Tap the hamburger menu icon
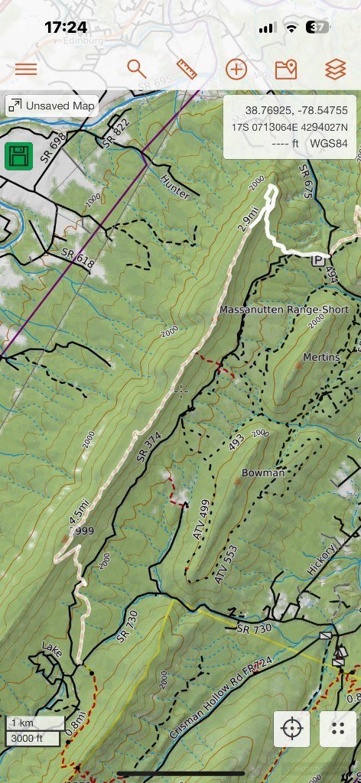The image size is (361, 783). (x=26, y=69)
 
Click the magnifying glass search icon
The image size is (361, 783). (x=136, y=69)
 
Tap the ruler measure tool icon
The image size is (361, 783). (x=187, y=69)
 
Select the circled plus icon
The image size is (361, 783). (x=236, y=69)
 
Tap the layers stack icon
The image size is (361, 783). (x=335, y=69)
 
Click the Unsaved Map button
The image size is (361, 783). (x=52, y=106)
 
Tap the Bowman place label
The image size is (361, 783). (x=263, y=473)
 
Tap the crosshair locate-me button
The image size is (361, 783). (x=292, y=728)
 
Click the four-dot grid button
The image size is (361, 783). (x=338, y=728)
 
